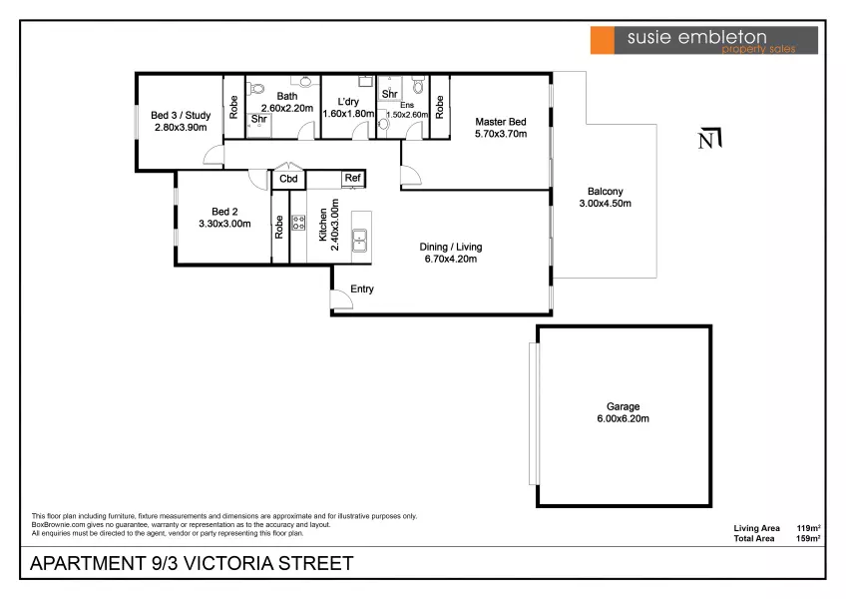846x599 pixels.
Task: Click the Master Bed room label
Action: pos(500,122)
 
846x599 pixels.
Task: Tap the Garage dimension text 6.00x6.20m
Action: pos(623,418)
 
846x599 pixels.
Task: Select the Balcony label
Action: pos(605,192)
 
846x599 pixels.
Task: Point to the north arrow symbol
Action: pos(709,139)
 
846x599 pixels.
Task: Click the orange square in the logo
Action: pos(603,40)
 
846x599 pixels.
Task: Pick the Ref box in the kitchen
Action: pos(353,179)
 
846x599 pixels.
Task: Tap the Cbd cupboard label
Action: pos(288,179)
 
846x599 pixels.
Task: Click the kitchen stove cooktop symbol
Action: pos(298,223)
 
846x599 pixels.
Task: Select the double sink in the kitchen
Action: pos(359,241)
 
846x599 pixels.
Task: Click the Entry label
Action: pos(362,289)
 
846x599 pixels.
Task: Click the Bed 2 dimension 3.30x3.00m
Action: pos(224,224)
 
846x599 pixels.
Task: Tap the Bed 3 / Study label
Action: pos(181,115)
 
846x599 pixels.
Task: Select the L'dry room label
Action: pos(348,102)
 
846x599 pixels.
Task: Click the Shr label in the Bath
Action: pos(259,119)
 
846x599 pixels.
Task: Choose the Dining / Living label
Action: pos(451,247)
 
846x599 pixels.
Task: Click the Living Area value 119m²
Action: pos(809,528)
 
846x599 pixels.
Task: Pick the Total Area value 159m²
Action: pos(809,538)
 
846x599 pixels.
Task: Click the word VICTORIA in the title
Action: pos(228,563)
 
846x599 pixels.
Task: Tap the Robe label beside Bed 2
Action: pos(279,227)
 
